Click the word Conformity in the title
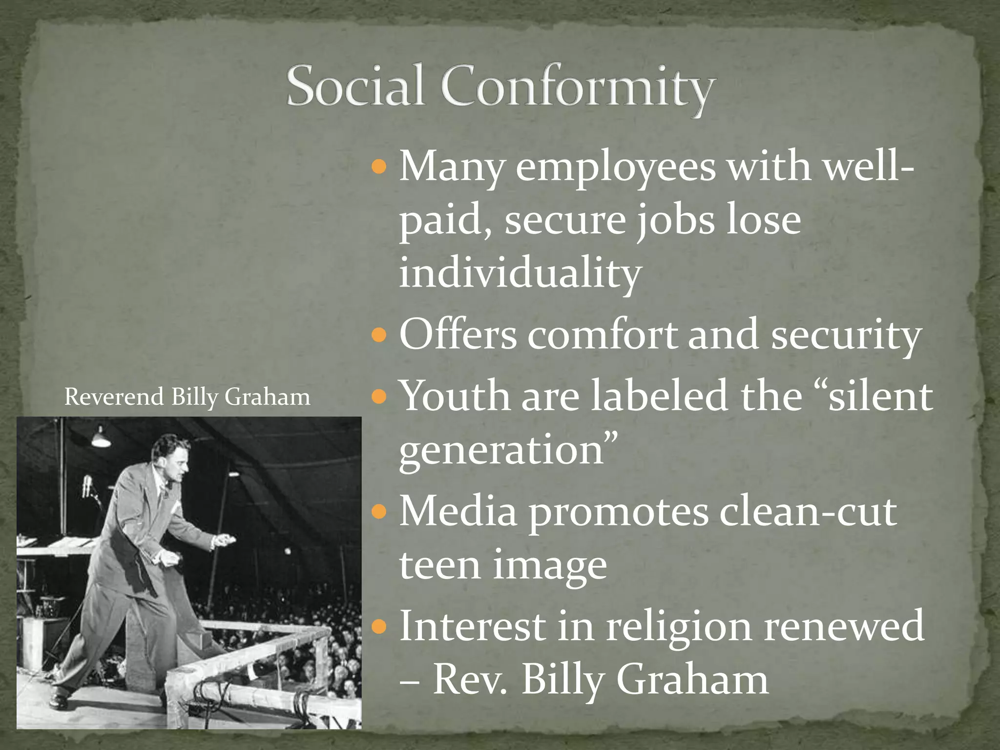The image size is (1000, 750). (578, 88)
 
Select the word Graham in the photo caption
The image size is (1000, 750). (267, 397)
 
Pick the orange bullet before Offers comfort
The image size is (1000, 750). (378, 335)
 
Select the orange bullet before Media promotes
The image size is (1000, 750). (378, 512)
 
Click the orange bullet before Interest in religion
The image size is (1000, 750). (378, 626)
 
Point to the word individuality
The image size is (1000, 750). (520, 273)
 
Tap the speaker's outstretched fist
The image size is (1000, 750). (225, 540)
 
